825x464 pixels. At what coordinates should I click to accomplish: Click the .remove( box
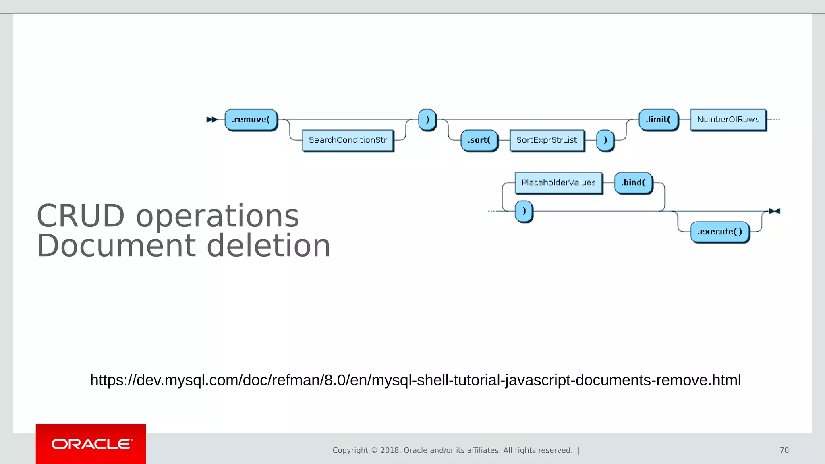251,120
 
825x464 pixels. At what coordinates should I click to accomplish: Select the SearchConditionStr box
348,140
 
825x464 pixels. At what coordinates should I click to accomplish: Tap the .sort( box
479,140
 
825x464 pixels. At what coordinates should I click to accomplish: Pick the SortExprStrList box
547,140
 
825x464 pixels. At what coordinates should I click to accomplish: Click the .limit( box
658,120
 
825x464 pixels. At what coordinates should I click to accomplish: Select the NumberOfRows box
728,120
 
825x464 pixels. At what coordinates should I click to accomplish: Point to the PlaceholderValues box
558,183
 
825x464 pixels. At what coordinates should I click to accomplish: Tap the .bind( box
633,183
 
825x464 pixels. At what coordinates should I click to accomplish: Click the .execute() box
720,232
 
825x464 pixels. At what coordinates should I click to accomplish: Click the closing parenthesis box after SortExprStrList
605,140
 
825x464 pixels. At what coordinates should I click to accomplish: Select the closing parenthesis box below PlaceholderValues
524,211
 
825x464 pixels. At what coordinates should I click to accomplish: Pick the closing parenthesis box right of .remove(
427,120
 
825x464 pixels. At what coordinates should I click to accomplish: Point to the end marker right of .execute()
774,211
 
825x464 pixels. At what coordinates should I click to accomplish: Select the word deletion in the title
268,246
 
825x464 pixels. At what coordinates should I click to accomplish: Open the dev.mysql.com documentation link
415,380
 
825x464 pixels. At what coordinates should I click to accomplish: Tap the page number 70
784,450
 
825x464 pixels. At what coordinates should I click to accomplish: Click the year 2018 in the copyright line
390,450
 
